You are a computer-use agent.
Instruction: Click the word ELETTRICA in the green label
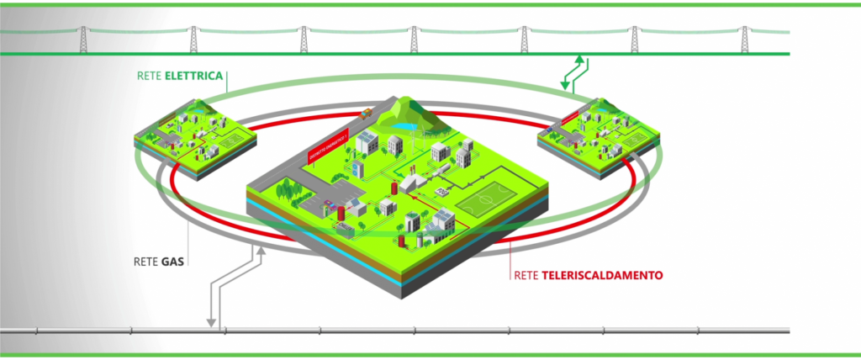(x=196, y=77)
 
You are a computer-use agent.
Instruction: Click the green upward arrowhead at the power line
(x=579, y=57)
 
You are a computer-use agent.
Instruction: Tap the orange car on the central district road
(x=366, y=110)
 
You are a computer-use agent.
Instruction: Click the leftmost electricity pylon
(x=83, y=38)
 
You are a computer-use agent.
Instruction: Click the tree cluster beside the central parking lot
(x=284, y=190)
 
